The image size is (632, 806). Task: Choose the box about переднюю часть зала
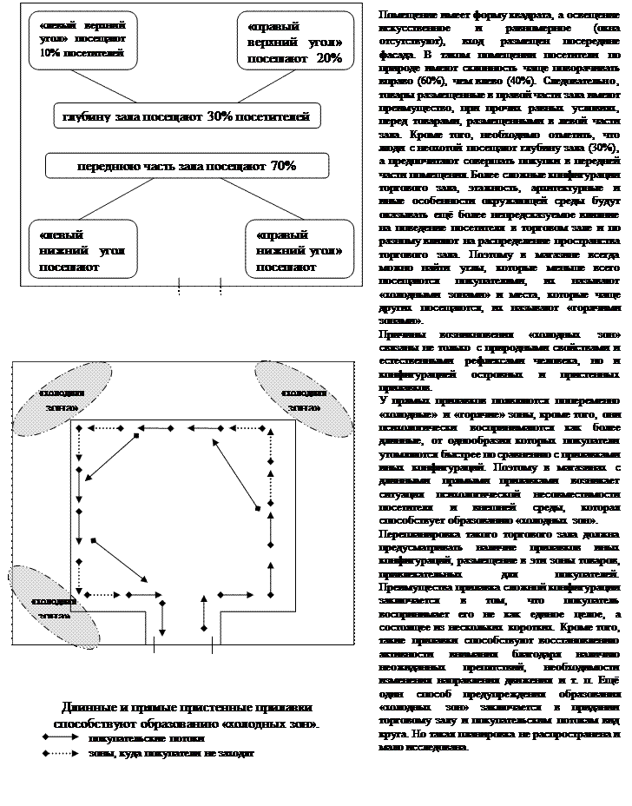coord(174,165)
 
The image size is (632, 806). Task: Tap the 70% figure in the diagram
coord(284,165)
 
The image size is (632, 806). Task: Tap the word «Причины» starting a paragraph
coord(398,334)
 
